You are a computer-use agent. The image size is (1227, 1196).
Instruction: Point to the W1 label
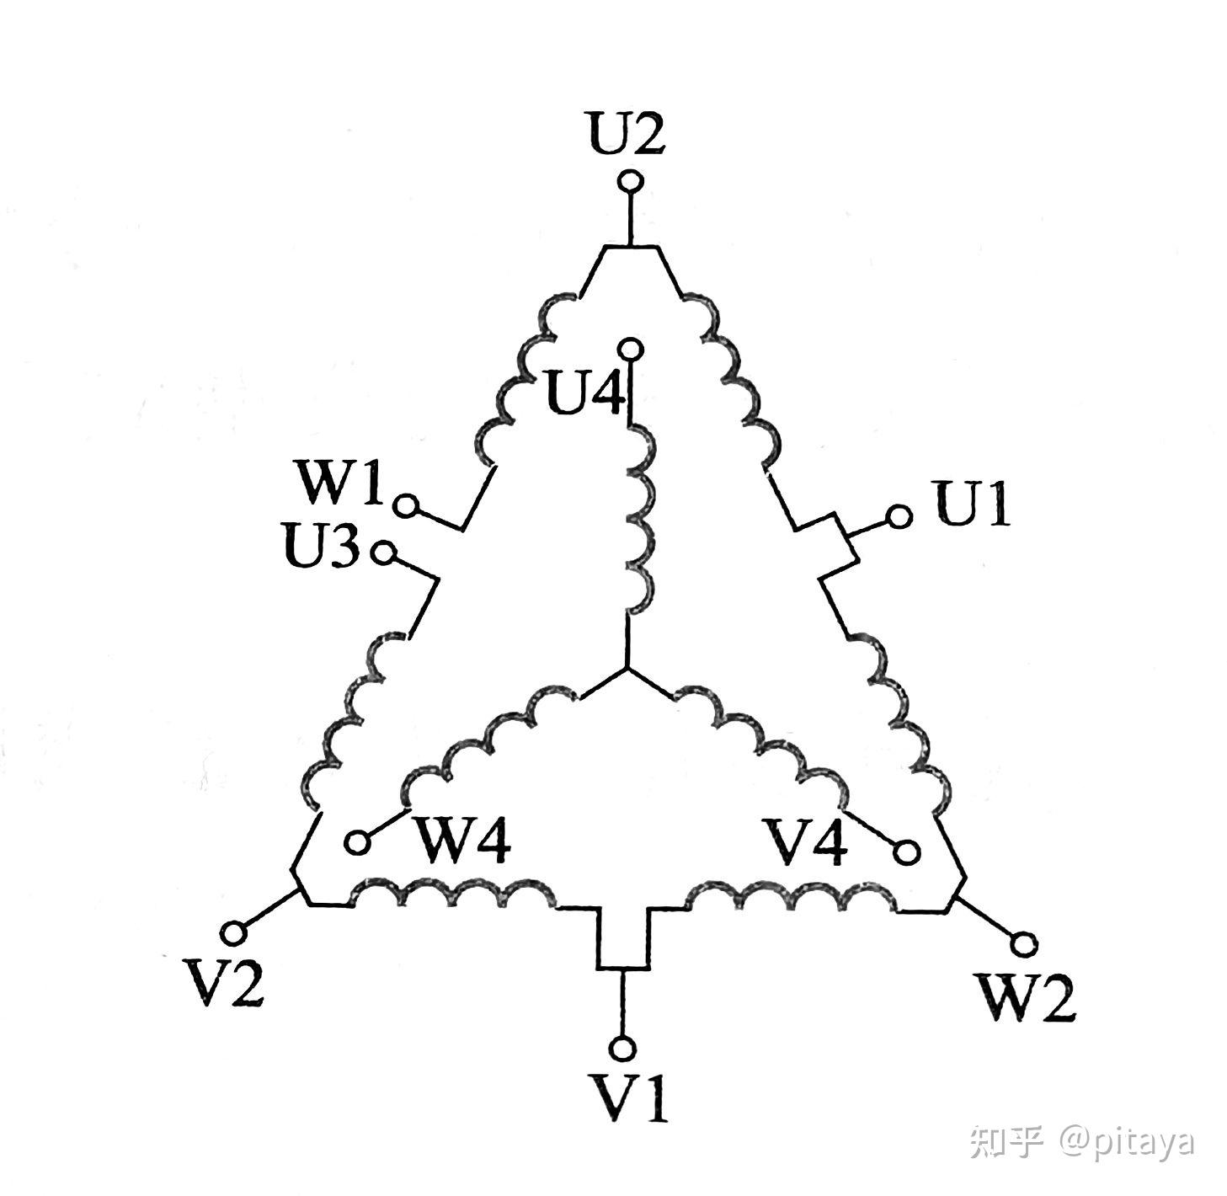[339, 483]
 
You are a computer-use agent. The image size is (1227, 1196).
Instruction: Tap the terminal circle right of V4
[906, 852]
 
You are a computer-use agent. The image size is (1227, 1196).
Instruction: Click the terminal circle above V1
[622, 1048]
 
